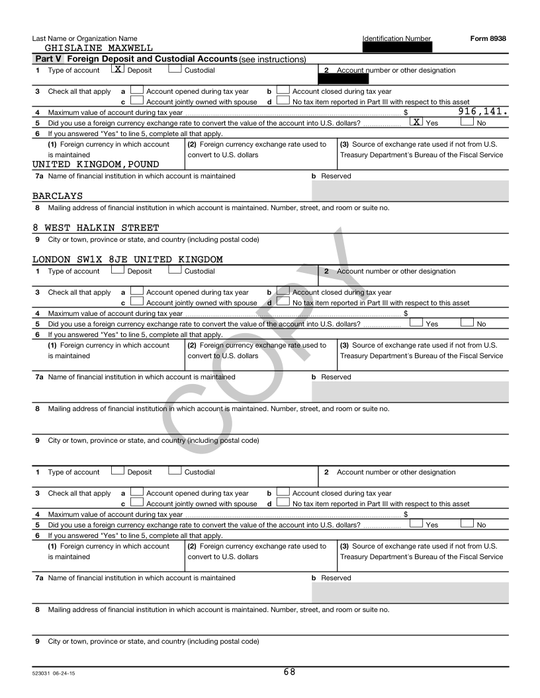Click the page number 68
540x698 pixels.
289,672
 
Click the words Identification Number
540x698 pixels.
396,38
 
